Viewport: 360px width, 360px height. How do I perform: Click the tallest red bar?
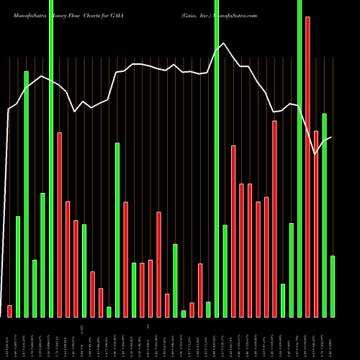307,166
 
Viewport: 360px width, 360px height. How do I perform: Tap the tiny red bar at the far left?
9,311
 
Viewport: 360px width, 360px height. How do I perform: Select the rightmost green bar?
332,286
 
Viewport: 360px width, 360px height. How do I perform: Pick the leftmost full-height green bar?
51,158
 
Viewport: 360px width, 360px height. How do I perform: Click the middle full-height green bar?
217,158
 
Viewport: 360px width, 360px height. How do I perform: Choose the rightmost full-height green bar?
300,158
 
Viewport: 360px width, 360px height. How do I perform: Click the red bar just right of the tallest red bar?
316,223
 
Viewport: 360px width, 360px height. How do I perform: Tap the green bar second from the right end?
324,215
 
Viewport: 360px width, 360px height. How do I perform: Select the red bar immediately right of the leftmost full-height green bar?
60,225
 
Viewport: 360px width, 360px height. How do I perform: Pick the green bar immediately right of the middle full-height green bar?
225,271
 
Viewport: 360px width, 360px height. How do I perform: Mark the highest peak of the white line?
225,42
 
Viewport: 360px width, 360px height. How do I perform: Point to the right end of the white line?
331,137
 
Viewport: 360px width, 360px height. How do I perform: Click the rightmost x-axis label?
333,338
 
